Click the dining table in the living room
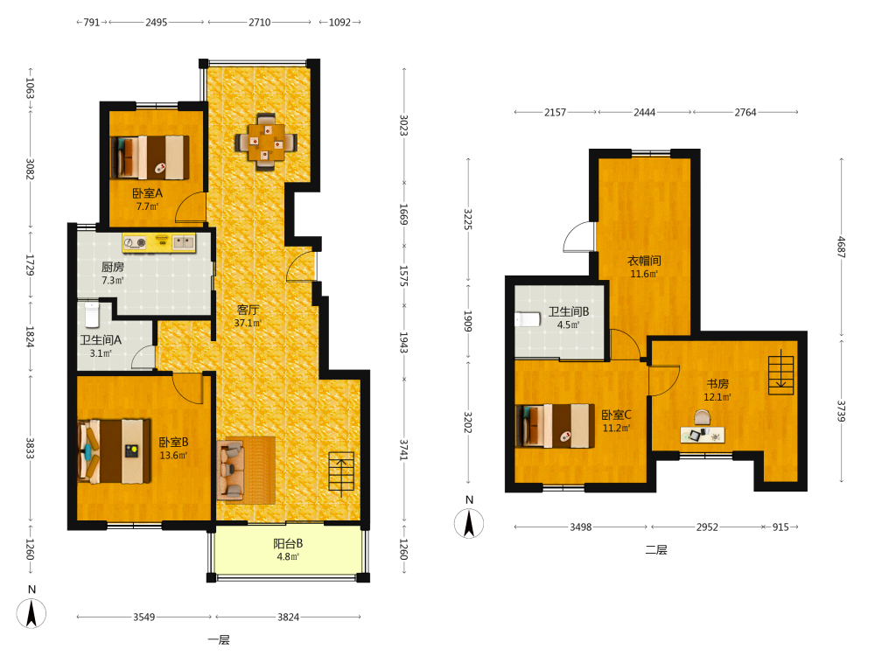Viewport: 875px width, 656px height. (x=266, y=142)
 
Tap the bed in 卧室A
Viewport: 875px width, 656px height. (x=150, y=157)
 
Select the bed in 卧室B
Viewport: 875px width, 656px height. (x=115, y=450)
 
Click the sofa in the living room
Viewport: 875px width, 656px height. (x=231, y=470)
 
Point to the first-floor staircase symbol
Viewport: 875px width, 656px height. (x=341, y=474)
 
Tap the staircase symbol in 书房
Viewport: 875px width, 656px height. (x=780, y=372)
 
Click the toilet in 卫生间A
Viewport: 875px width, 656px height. (x=92, y=315)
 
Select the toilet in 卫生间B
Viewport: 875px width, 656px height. (x=528, y=319)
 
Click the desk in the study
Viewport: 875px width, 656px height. (x=703, y=435)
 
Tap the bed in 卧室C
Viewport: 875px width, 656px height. (x=556, y=426)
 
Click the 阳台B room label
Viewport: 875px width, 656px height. (x=288, y=543)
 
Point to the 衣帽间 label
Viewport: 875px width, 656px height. (x=644, y=261)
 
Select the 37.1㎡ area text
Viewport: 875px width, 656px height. (x=248, y=323)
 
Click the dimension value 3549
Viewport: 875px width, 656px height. (x=144, y=617)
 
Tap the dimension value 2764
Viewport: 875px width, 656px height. (x=745, y=112)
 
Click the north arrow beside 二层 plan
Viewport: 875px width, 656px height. (x=469, y=524)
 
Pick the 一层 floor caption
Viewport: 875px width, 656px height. (x=219, y=640)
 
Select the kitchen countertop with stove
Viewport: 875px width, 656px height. (x=159, y=242)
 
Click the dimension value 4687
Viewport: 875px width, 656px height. (x=842, y=247)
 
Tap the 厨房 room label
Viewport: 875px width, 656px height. (x=113, y=267)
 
